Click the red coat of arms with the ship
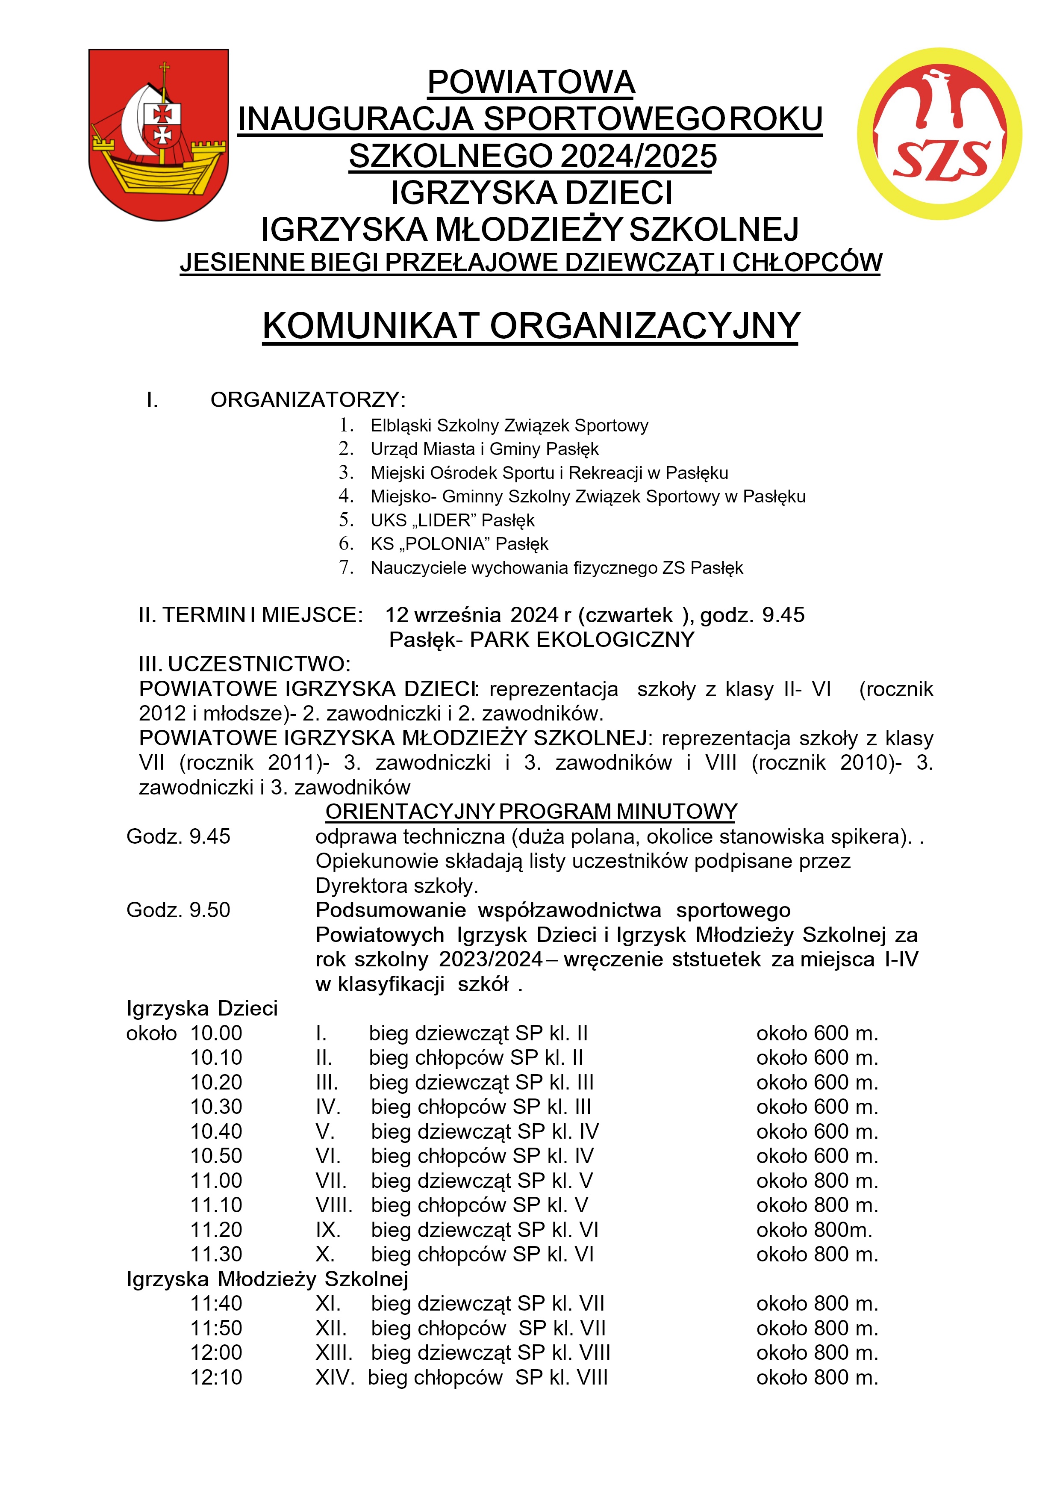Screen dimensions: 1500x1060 [159, 134]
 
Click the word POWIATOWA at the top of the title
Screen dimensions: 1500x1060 [531, 83]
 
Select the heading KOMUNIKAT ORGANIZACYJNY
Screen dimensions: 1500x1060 [530, 326]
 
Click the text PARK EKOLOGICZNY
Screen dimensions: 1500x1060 [582, 640]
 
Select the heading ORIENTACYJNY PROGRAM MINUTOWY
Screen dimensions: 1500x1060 [531, 812]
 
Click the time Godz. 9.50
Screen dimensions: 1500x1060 [178, 910]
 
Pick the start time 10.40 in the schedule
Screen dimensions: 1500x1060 [216, 1131]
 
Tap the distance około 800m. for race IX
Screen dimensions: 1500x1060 [814, 1230]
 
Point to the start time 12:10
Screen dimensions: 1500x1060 [216, 1378]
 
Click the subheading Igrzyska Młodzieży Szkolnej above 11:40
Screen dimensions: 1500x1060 [267, 1279]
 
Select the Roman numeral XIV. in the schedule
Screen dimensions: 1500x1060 [334, 1378]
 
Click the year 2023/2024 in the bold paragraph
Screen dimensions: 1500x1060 [491, 959]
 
